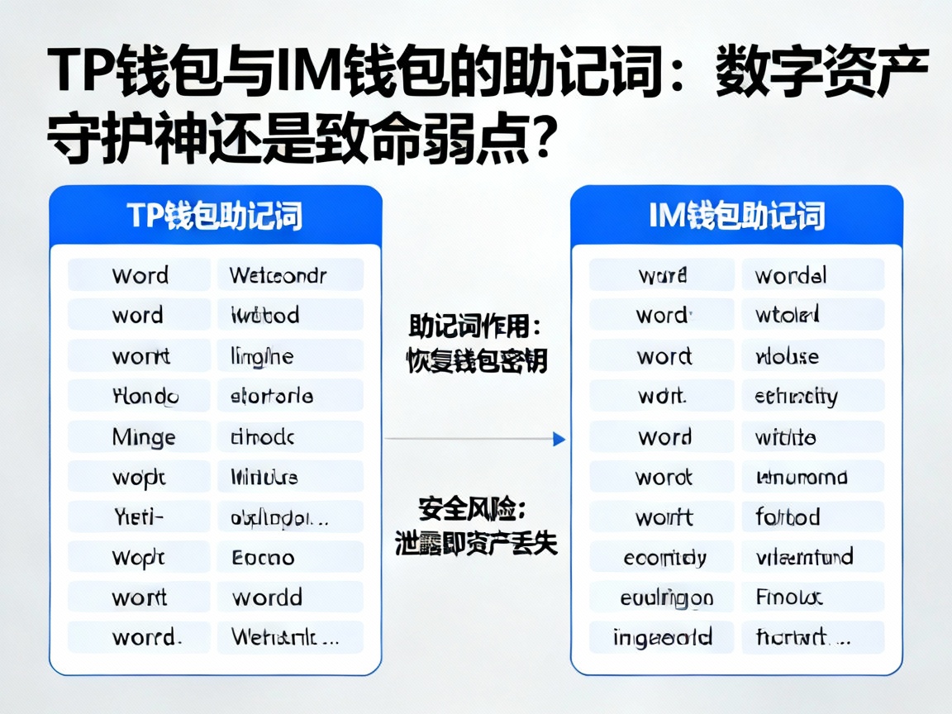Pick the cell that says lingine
(x=290, y=356)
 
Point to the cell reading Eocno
(x=290, y=558)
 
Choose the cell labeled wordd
(x=290, y=597)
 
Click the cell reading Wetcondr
(x=290, y=275)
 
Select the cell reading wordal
(x=812, y=275)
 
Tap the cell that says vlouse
(x=812, y=356)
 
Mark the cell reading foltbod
(x=812, y=517)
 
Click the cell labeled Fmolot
(x=812, y=597)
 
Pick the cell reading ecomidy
(x=662, y=558)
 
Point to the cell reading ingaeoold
(x=662, y=637)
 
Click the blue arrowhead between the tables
(x=559, y=439)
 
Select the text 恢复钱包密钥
(x=476, y=361)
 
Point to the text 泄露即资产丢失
(x=476, y=543)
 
